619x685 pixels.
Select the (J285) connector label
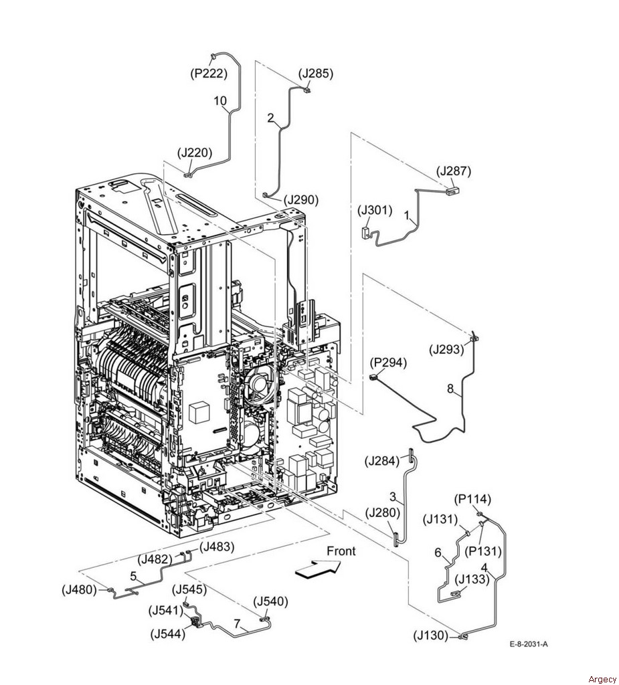tap(316, 74)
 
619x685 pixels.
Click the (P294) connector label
tap(387, 363)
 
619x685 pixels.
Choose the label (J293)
tap(446, 349)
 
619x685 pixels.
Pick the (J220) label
tap(195, 153)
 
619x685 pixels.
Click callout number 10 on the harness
tap(220, 101)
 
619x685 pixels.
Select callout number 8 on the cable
tap(450, 387)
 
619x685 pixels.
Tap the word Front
tap(341, 551)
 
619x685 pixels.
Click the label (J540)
tap(271, 601)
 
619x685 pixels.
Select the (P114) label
tap(472, 499)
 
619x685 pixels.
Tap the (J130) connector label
tap(430, 635)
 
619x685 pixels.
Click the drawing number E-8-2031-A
tap(528, 644)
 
